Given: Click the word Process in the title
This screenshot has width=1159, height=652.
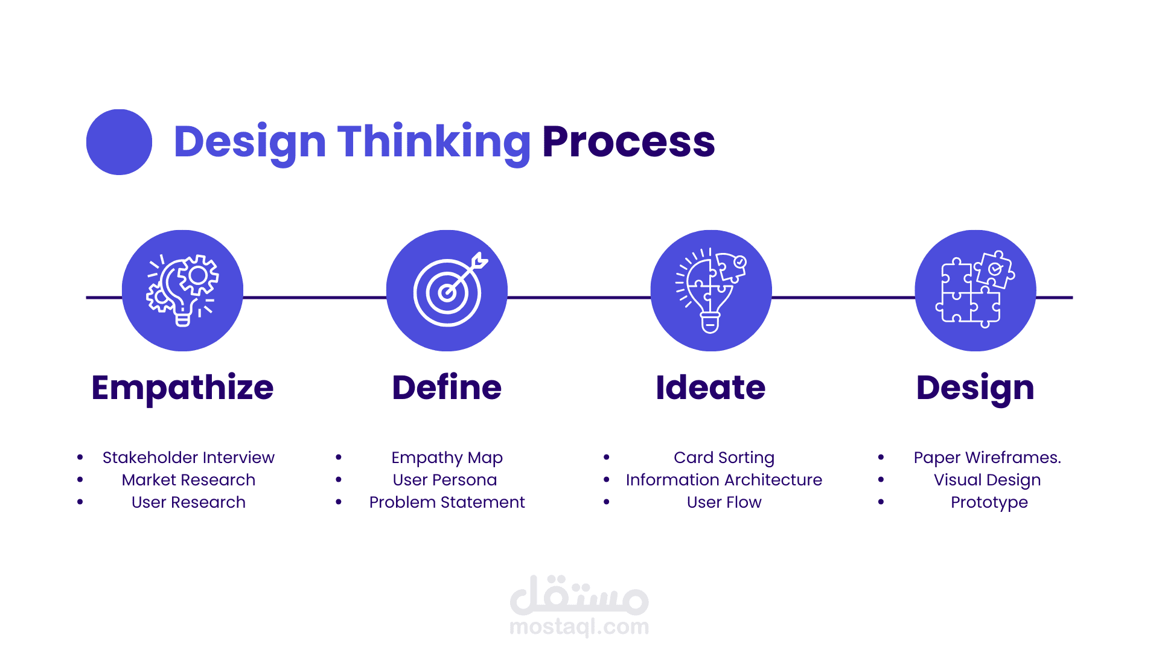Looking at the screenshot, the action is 628,142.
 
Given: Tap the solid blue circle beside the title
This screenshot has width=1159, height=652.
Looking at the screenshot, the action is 119,142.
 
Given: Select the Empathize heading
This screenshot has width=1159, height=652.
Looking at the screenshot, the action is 182,388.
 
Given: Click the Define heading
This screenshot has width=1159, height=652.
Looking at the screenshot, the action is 447,387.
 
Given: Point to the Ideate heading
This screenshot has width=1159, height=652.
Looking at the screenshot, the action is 710,387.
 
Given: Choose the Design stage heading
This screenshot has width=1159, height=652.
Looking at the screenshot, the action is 975,388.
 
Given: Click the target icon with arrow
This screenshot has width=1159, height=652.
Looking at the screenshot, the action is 450,289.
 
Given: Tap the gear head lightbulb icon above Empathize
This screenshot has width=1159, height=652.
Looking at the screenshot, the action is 182,290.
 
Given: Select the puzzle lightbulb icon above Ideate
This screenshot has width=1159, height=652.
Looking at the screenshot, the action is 711,290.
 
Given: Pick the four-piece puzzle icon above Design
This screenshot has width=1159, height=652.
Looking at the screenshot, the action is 975,289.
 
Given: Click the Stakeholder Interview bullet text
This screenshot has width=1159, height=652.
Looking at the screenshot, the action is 188,458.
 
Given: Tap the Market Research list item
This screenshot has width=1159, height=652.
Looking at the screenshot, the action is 188,480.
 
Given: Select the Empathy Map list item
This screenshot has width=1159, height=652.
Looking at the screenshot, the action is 447,458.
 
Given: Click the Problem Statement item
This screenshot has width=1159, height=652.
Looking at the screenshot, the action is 447,502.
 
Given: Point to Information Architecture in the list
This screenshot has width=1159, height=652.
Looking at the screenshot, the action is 724,480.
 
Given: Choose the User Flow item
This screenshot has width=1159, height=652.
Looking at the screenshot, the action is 724,502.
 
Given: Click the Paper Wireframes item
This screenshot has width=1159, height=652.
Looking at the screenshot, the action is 987,458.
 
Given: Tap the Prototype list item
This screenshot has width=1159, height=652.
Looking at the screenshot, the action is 989,503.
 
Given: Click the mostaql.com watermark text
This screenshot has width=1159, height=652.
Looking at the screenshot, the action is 579,627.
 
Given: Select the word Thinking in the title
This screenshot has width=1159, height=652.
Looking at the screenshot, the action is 433,142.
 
